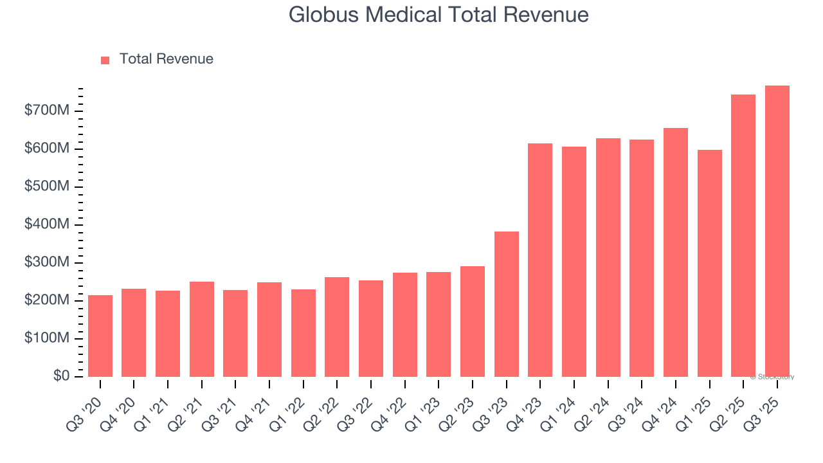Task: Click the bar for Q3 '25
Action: (x=777, y=232)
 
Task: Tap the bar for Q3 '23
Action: (x=506, y=304)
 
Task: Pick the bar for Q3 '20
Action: (x=100, y=336)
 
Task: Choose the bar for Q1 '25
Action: (x=709, y=263)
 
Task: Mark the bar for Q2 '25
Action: (x=743, y=235)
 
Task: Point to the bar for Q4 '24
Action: (x=675, y=252)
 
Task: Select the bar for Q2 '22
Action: (x=337, y=327)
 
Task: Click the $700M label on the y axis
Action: (x=47, y=111)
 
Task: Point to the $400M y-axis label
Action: (x=47, y=224)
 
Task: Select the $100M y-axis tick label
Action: (x=47, y=338)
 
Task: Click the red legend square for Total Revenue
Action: (x=105, y=60)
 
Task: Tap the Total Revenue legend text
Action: (x=166, y=59)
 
